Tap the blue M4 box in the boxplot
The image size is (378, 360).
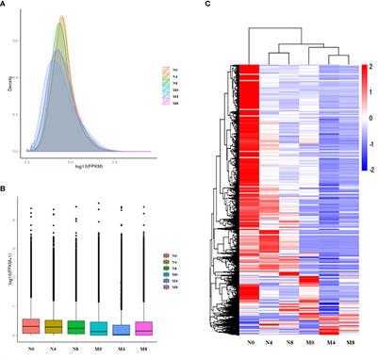coord(118,329)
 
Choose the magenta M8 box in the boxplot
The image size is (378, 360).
coord(140,327)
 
